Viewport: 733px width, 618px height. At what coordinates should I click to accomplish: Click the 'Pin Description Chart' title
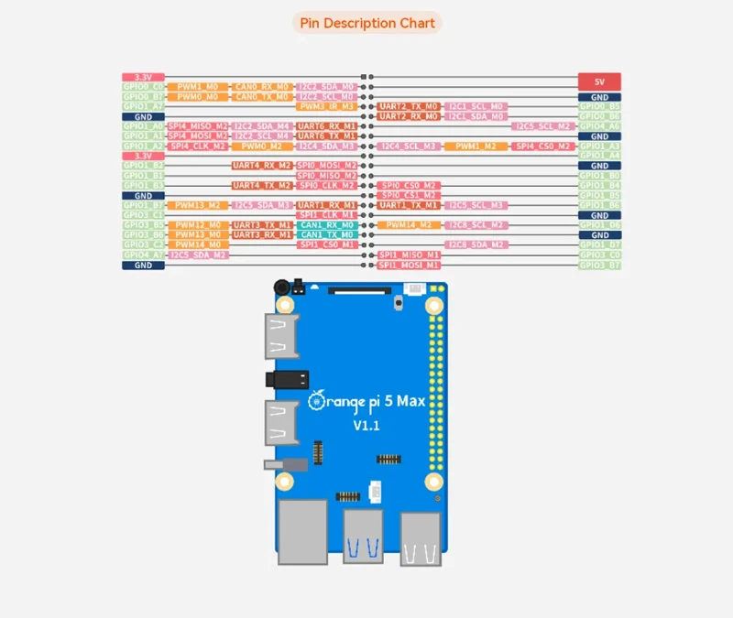point(366,23)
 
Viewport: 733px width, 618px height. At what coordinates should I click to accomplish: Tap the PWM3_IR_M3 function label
point(326,106)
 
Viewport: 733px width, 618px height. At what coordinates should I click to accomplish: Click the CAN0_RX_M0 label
point(262,86)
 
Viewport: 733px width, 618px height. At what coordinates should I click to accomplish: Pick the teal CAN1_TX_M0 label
point(326,234)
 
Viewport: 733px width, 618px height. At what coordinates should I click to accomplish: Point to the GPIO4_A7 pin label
point(143,255)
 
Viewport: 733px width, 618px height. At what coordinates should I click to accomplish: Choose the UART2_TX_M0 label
point(409,106)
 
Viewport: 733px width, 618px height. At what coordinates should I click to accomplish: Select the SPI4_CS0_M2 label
point(542,146)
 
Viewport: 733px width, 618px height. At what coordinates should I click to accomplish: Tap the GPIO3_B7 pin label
point(599,265)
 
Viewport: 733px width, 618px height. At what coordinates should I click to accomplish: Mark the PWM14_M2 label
point(409,224)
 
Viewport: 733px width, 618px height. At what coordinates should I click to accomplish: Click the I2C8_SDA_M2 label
point(476,244)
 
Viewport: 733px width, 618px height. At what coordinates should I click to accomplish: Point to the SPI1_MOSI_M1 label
point(409,265)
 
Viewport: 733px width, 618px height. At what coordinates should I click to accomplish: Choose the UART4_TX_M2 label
point(262,185)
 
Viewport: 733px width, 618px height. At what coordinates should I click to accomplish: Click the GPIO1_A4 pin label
point(599,156)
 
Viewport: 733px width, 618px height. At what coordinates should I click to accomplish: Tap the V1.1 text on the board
point(366,427)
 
